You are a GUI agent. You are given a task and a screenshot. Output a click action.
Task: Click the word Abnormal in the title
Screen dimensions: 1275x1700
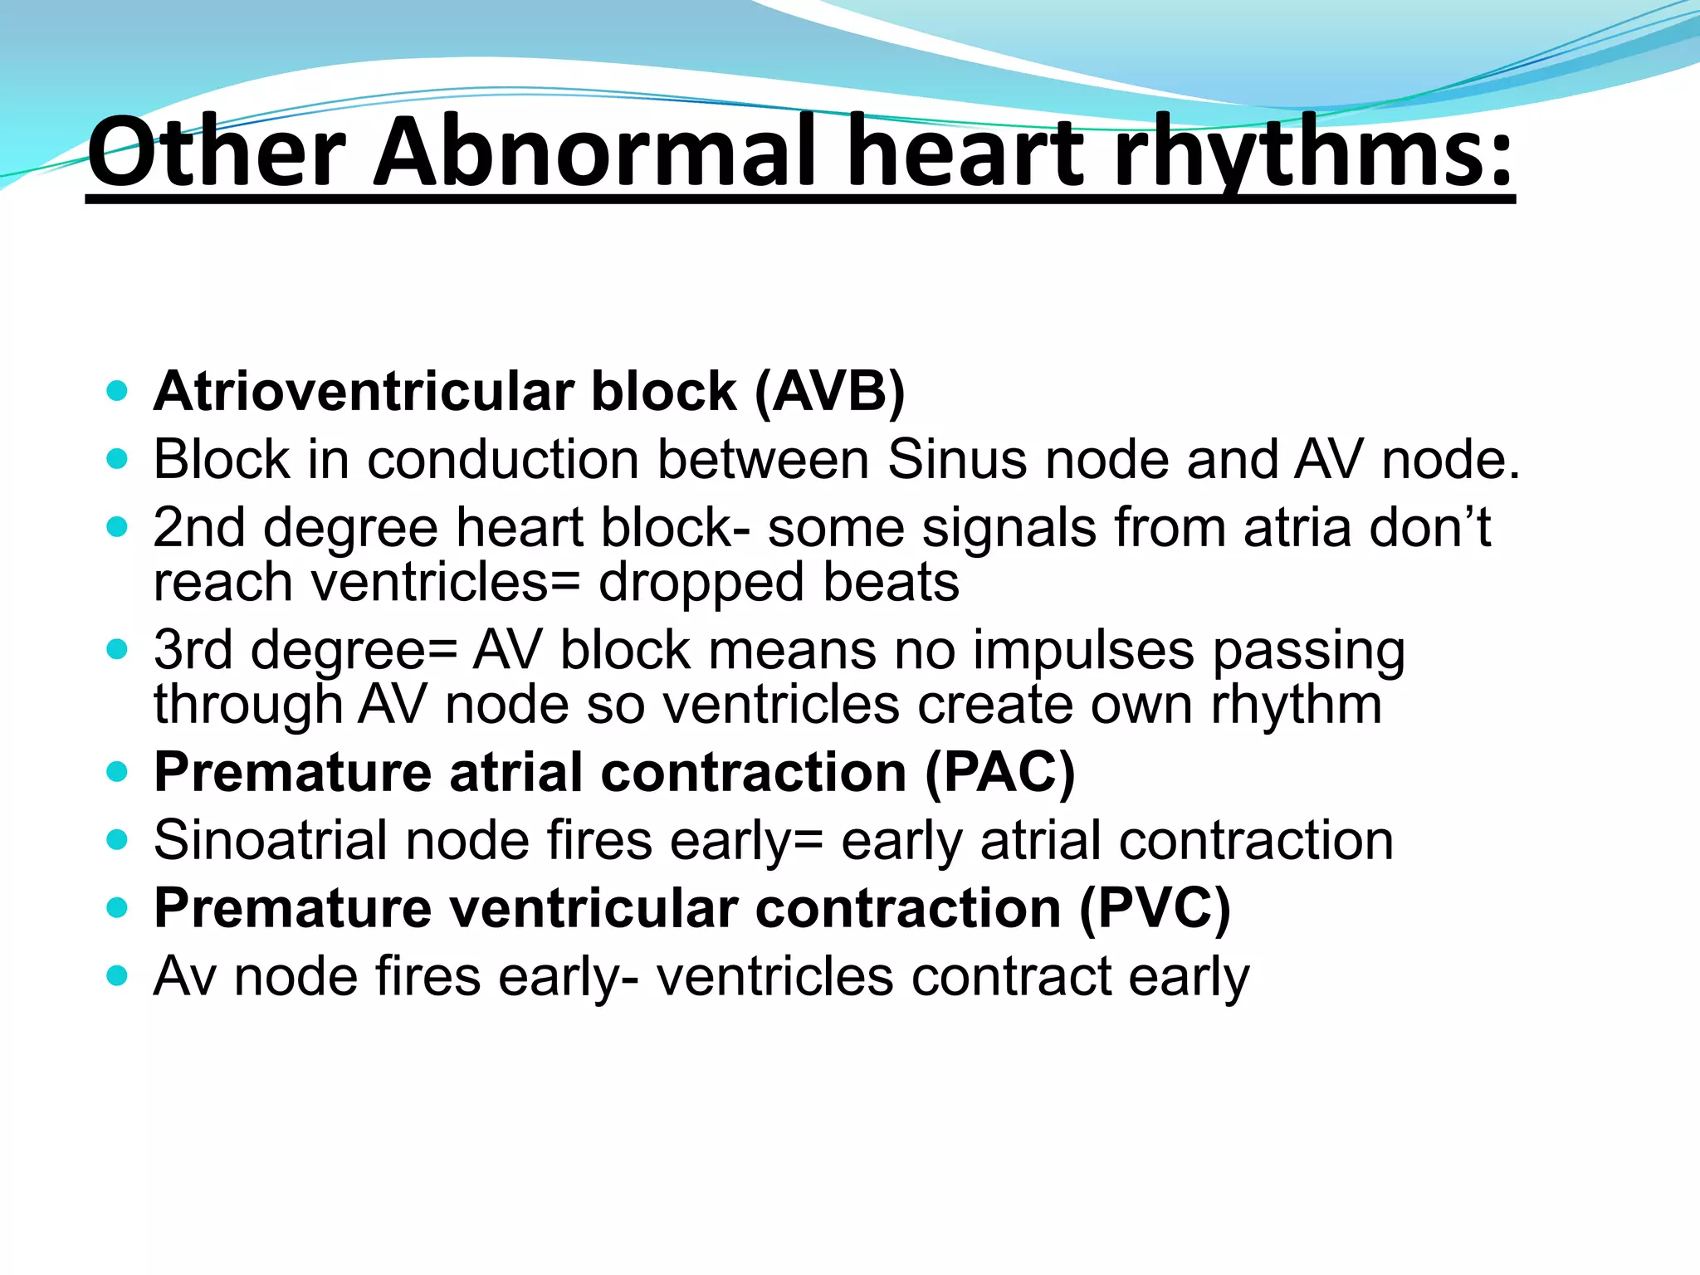[597, 152]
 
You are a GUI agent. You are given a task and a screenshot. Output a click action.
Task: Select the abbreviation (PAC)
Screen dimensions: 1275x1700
[999, 773]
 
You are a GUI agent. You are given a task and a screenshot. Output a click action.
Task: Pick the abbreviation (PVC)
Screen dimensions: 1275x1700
[1155, 908]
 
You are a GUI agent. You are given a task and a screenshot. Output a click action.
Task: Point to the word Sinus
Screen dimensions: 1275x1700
[956, 459]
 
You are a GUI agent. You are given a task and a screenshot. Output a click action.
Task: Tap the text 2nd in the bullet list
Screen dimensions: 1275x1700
[199, 528]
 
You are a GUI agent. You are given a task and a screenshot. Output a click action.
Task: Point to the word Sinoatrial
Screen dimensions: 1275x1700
[271, 841]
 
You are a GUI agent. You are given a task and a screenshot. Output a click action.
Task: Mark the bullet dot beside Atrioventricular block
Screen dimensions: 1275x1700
[117, 391]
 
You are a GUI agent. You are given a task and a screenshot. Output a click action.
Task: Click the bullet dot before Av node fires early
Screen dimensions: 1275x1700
[117, 976]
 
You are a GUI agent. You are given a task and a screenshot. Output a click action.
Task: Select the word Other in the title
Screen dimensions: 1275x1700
[216, 152]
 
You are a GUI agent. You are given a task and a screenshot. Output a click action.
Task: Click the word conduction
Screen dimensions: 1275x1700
[503, 459]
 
